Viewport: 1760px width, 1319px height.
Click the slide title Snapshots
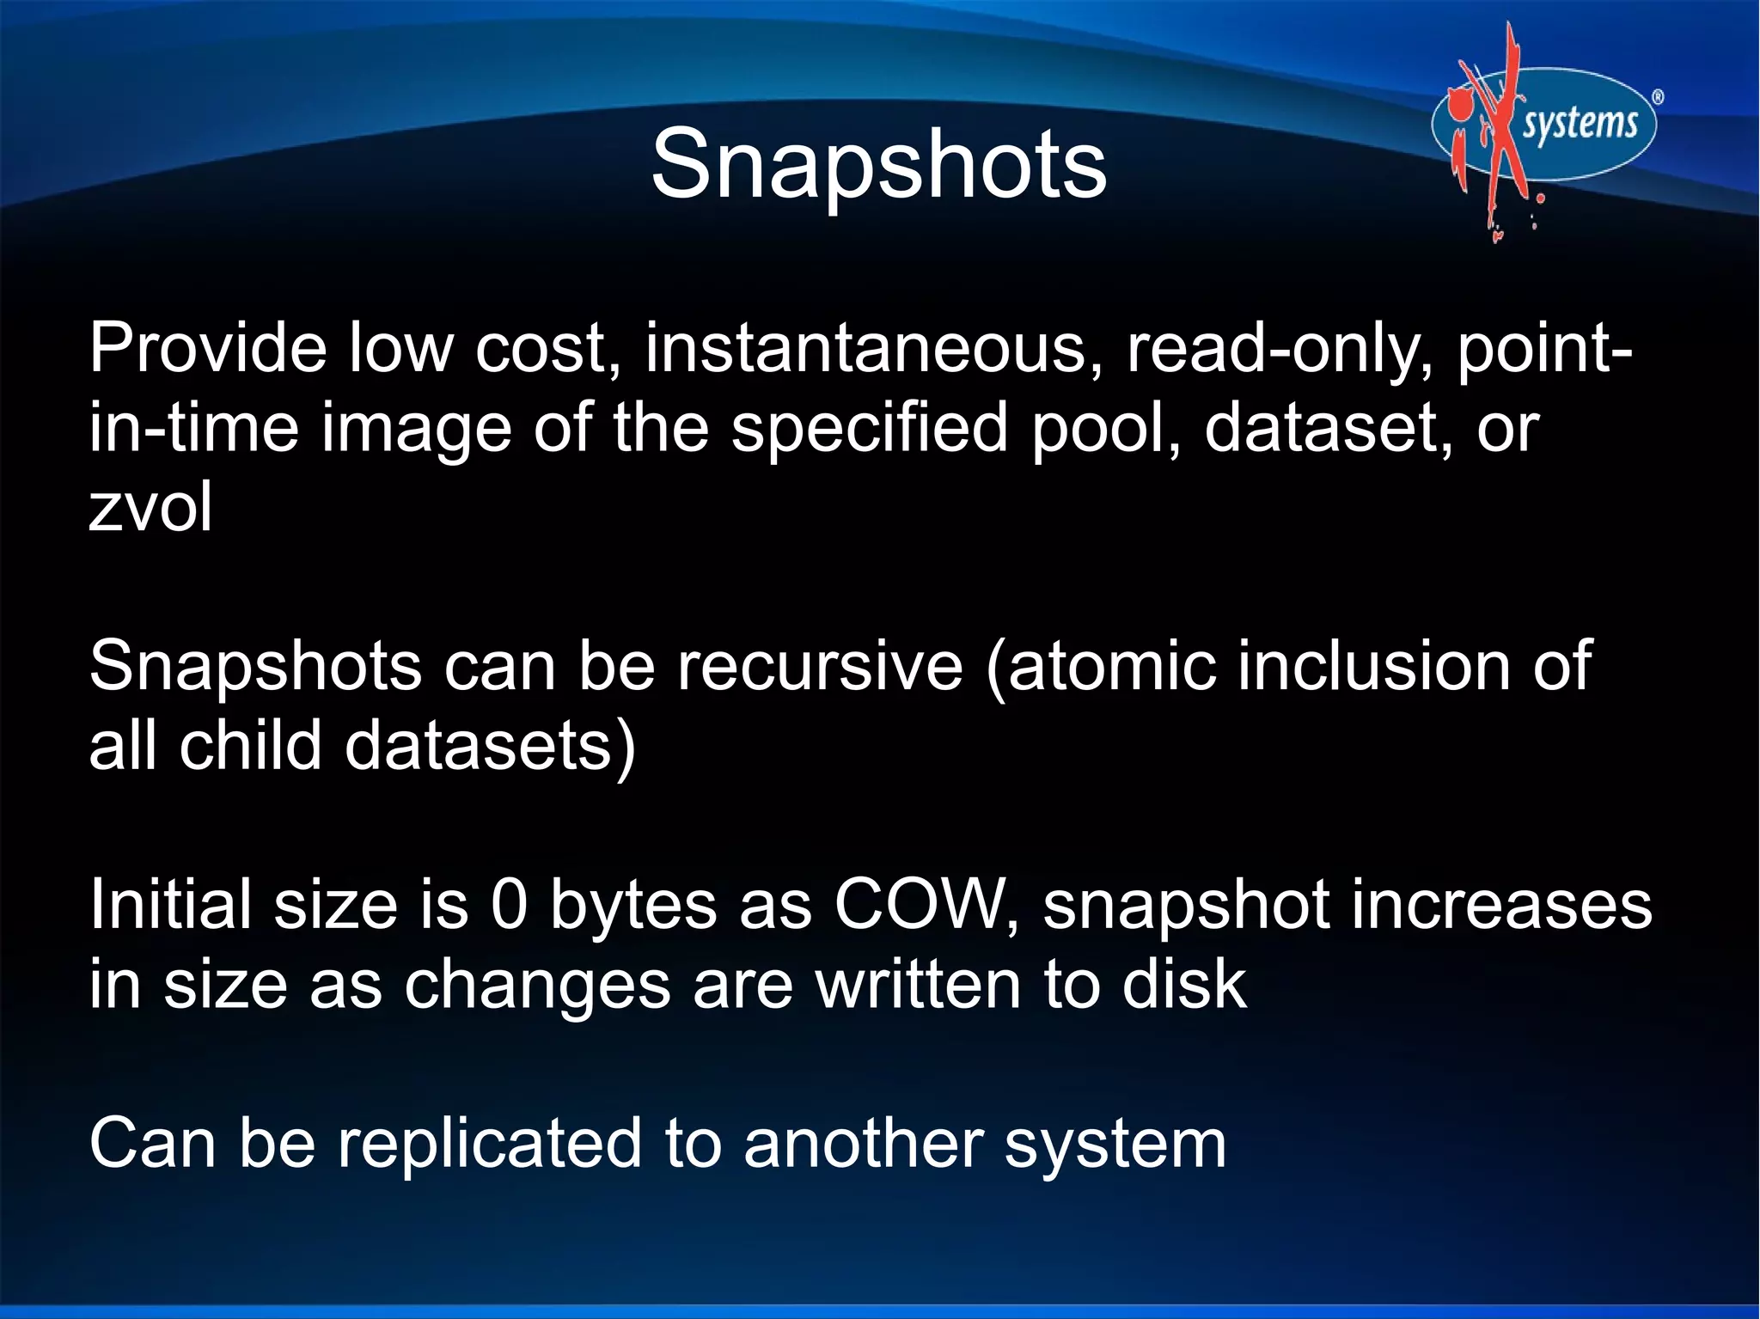coord(878,163)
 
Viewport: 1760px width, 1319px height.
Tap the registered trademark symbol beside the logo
coord(1658,98)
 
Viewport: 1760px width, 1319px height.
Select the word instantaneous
coord(865,348)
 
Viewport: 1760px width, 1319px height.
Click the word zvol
coord(150,507)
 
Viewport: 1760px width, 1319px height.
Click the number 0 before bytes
coord(509,905)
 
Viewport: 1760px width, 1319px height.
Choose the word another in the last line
coord(863,1143)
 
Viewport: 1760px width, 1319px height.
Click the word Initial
coord(169,905)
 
